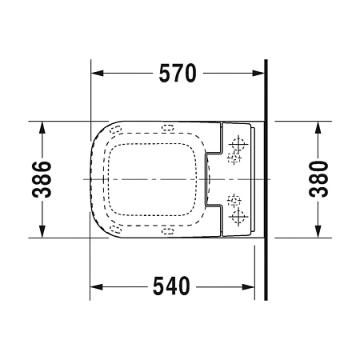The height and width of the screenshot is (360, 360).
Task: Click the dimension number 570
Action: [x=176, y=74]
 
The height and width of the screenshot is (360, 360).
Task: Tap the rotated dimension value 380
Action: [x=319, y=179]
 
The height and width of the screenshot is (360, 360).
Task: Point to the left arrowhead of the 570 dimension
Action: [x=94, y=74]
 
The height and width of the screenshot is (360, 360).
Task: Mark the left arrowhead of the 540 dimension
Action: [x=94, y=286]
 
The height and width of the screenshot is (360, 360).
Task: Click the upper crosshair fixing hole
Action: [x=238, y=146]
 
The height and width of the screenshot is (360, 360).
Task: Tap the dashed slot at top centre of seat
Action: [x=168, y=128]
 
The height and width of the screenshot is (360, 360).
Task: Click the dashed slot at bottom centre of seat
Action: [x=168, y=232]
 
